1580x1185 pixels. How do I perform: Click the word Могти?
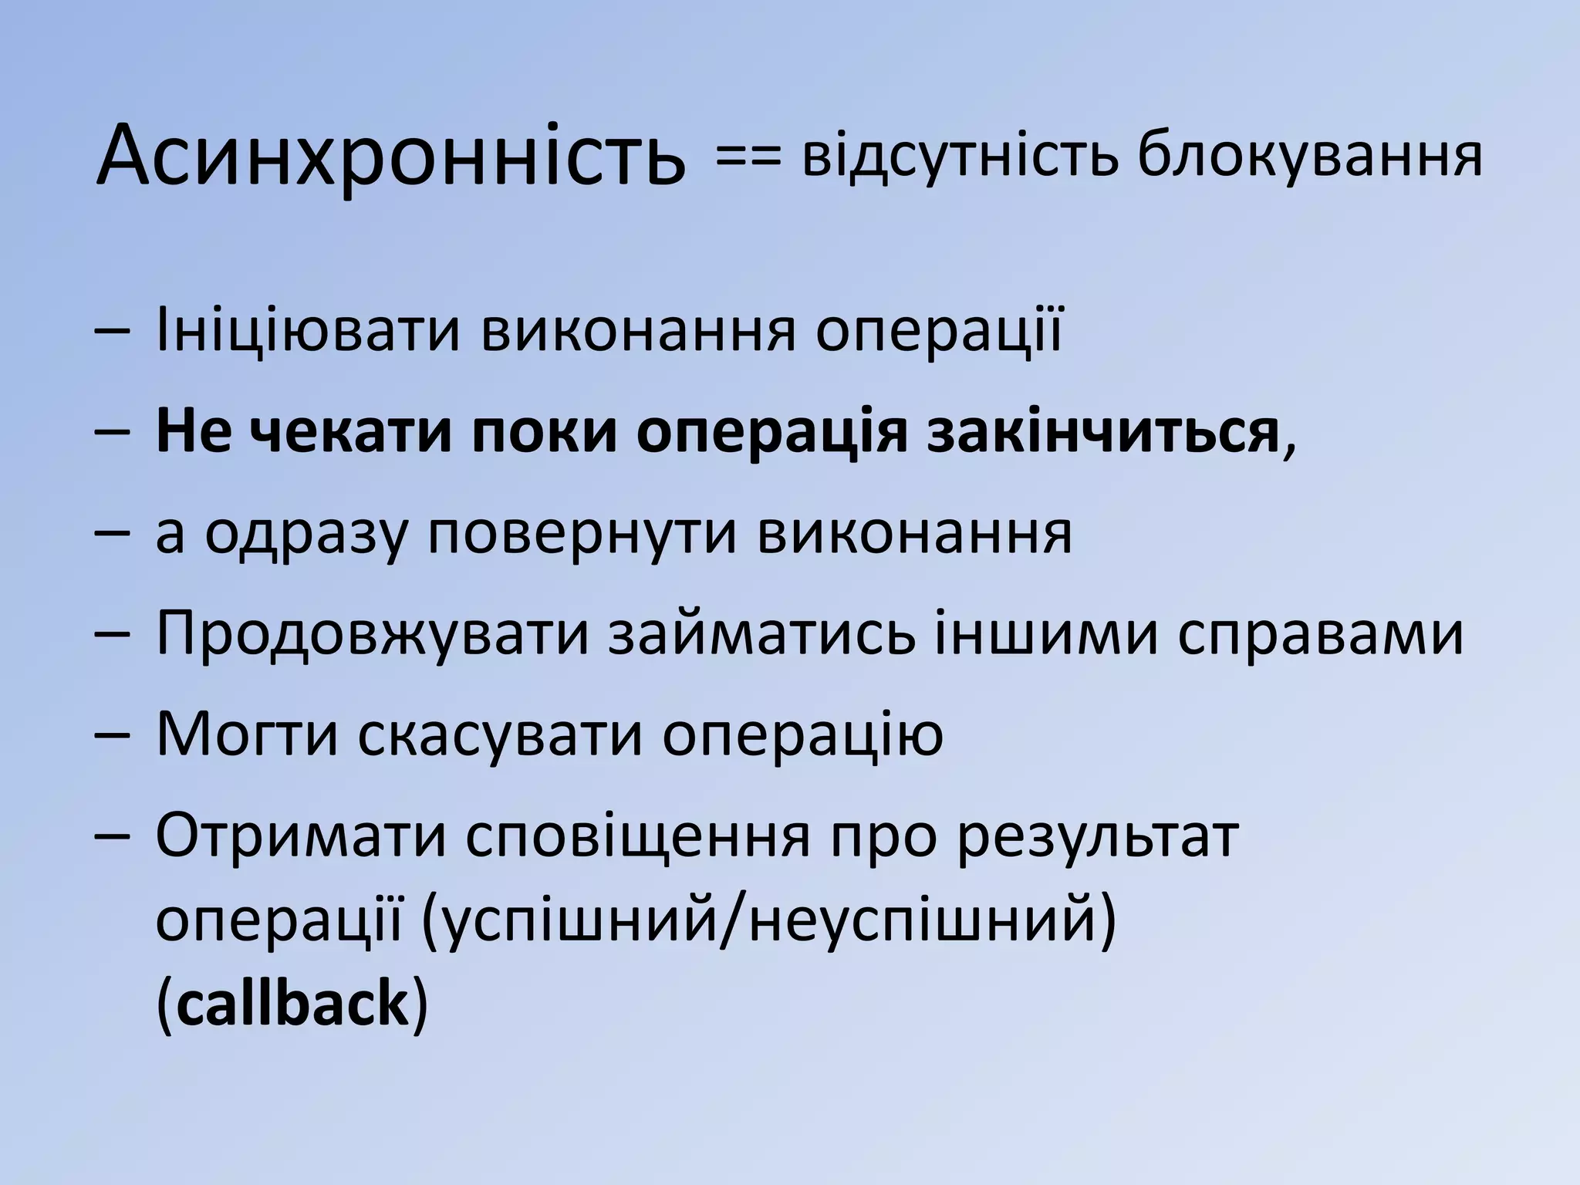[x=248, y=734]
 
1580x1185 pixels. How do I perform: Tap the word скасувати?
[x=499, y=734]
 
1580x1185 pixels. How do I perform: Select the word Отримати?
[x=302, y=836]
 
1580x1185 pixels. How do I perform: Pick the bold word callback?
[x=292, y=1004]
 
